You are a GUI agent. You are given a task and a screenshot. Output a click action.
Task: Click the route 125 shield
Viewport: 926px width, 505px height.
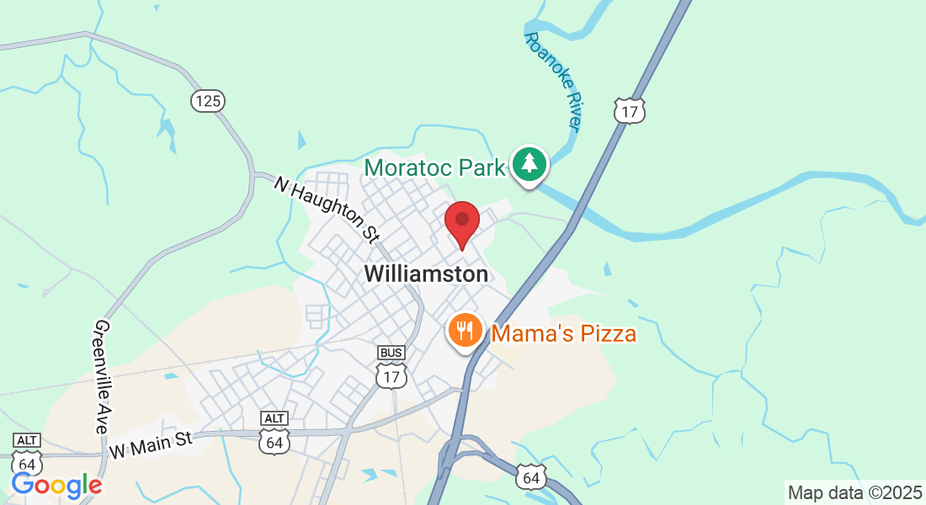207,101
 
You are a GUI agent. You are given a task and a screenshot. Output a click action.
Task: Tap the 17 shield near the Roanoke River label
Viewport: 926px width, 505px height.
629,110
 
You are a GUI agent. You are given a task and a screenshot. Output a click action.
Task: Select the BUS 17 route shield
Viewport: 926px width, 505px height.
391,367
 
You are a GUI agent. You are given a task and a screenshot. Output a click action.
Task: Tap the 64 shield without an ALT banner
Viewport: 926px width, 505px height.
531,477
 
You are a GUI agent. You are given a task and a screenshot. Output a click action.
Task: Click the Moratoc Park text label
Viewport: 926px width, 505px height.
434,167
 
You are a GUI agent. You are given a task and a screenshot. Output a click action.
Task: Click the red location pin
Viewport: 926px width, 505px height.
462,222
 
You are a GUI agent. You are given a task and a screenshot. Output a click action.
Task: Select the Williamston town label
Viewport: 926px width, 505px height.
426,274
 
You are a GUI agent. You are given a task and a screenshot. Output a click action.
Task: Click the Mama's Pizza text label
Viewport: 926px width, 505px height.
564,334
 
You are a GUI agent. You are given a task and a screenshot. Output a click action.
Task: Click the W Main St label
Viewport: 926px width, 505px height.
152,445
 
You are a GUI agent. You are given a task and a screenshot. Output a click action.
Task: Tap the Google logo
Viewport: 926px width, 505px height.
56,485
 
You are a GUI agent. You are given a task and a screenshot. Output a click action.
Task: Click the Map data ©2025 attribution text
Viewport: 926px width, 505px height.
854,492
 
